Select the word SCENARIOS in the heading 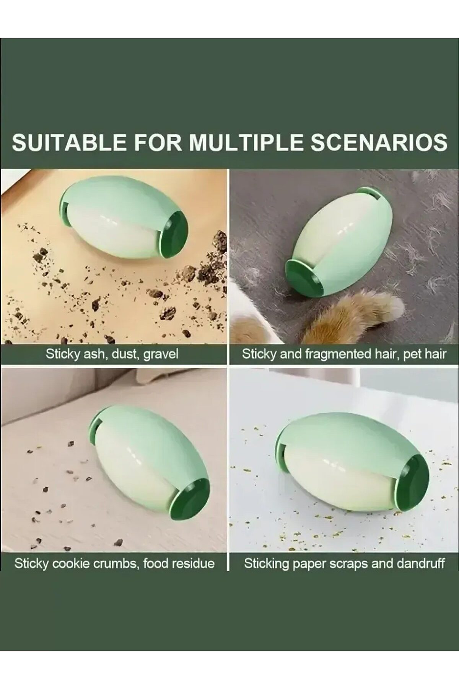[x=378, y=142]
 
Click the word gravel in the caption [x=161, y=354]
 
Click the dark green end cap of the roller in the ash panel [x=175, y=231]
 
